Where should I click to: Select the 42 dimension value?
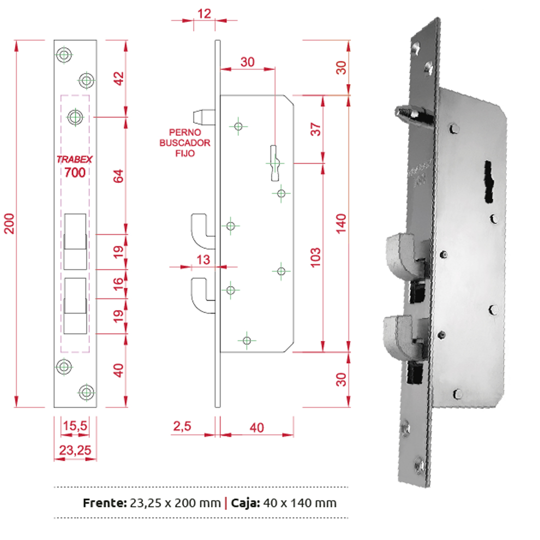(x=118, y=79)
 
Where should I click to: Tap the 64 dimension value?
(x=118, y=176)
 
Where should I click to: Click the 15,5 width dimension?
(x=75, y=426)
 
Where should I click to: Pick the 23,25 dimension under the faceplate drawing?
(x=75, y=450)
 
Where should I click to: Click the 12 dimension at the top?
(x=204, y=13)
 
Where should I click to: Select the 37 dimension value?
(x=315, y=129)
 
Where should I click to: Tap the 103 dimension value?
(x=315, y=256)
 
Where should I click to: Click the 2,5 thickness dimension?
(x=183, y=427)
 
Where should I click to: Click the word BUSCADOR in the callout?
(x=184, y=143)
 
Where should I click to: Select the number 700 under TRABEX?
(x=75, y=172)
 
